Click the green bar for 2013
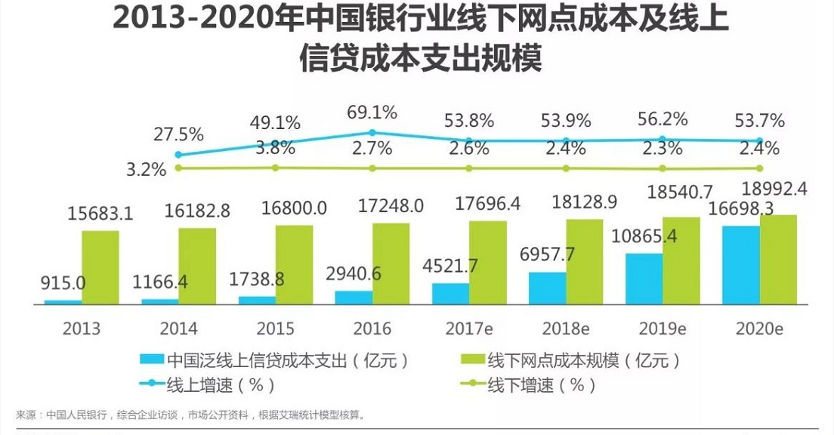pyautogui.click(x=100, y=267)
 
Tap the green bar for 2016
pyautogui.click(x=391, y=263)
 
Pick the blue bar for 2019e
pyautogui.click(x=644, y=278)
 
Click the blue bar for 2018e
pyautogui.click(x=548, y=288)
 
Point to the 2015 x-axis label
pyautogui.click(x=275, y=329)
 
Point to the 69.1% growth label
pyautogui.click(x=372, y=113)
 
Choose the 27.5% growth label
pyautogui.click(x=178, y=134)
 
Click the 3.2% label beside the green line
pyautogui.click(x=147, y=168)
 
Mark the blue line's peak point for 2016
pyautogui.click(x=372, y=133)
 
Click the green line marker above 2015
pyautogui.click(x=275, y=168)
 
